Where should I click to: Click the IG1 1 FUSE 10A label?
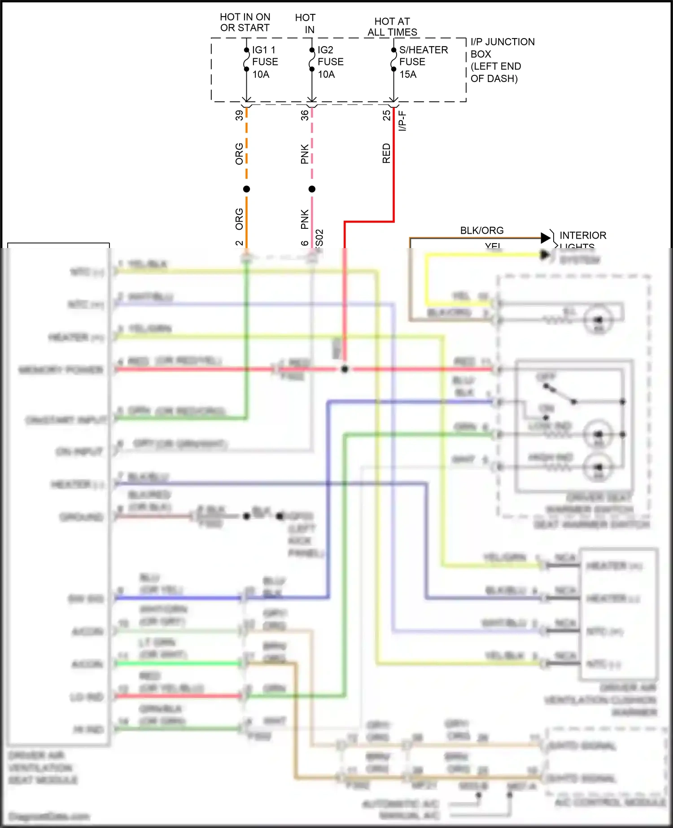[x=265, y=62]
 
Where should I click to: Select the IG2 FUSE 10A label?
[x=330, y=62]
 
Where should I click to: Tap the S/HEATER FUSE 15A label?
[x=423, y=62]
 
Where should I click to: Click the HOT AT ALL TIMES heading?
[x=392, y=27]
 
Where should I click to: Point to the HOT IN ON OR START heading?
[x=245, y=22]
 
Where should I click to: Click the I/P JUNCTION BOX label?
[x=502, y=48]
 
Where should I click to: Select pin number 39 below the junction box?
[x=239, y=115]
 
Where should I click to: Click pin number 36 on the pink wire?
[x=305, y=115]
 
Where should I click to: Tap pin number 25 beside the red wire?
[x=386, y=115]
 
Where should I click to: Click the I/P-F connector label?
[x=402, y=121]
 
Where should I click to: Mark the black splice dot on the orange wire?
[x=246, y=189]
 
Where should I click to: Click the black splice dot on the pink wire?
[x=312, y=189]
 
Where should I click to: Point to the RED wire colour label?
[x=386, y=153]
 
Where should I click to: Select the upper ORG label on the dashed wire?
[x=239, y=153]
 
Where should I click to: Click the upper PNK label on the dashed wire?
[x=305, y=153]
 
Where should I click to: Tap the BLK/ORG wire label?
[x=481, y=231]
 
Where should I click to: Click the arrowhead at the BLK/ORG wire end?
[x=546, y=238]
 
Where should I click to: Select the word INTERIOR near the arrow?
[x=582, y=235]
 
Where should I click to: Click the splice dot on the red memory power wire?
[x=345, y=369]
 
